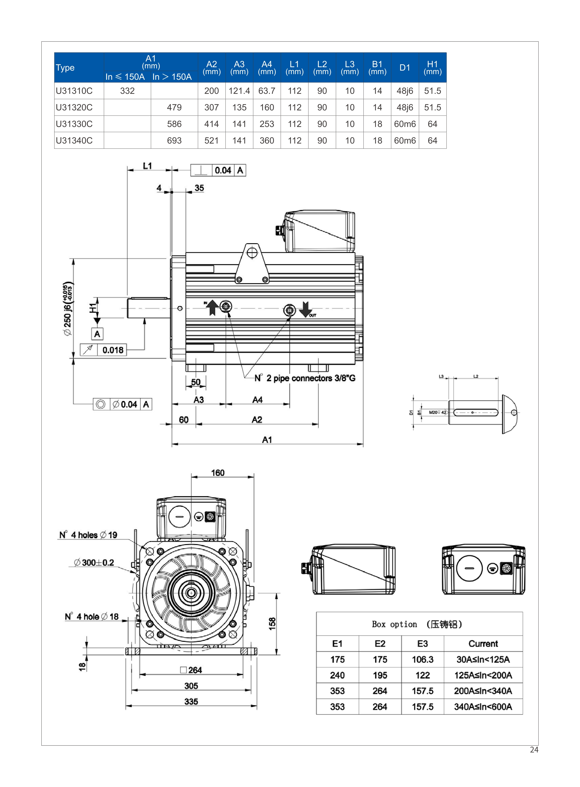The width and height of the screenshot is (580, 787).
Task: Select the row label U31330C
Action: pos(74,124)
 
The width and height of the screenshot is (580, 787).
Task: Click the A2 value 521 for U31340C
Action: pos(211,141)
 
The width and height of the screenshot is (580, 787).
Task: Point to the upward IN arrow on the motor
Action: pos(212,307)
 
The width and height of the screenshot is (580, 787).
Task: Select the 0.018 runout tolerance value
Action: pos(113,350)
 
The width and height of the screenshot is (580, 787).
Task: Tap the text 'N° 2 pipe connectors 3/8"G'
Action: pos(305,378)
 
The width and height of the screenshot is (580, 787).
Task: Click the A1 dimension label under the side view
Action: pos(267,440)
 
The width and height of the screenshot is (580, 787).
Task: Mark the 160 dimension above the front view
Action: pos(218,473)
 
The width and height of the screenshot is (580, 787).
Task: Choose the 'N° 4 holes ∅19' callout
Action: pos(88,535)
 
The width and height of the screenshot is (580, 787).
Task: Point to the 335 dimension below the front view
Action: pos(191,701)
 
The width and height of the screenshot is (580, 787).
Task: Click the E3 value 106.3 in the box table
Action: pos(422,659)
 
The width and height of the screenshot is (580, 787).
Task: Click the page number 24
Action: pos(534,749)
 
